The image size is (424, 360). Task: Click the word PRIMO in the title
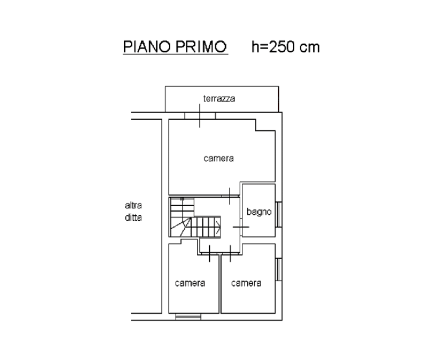202,46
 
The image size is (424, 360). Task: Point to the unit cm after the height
310,47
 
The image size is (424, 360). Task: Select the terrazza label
219,98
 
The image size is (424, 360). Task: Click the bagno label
259,211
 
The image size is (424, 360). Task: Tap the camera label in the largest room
219,158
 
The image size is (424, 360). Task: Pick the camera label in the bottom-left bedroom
190,283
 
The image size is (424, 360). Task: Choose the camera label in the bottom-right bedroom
246,283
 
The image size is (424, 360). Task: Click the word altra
133,205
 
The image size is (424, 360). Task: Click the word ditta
133,218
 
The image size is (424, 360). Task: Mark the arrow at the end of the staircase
218,227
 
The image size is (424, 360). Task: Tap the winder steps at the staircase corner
181,227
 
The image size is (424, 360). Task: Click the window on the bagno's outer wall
279,214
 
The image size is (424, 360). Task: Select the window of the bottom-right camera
279,269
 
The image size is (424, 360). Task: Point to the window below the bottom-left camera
188,317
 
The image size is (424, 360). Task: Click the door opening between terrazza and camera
200,116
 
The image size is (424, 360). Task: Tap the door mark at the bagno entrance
241,227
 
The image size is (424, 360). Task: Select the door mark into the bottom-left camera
210,253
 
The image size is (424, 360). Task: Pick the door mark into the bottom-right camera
230,253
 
